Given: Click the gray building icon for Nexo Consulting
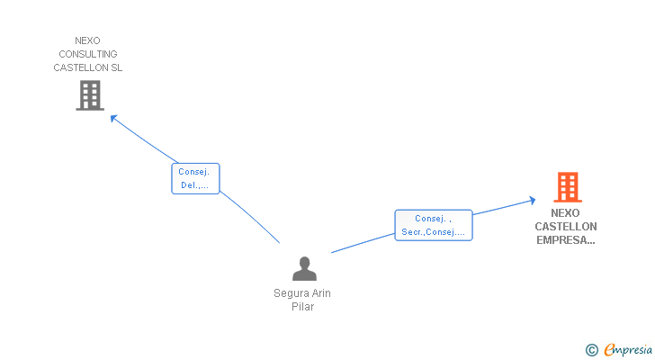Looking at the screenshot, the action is (90, 95).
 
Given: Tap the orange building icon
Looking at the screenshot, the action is (567, 187).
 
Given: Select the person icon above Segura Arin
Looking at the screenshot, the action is (305, 268).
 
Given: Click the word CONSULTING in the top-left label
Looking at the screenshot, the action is (88, 54).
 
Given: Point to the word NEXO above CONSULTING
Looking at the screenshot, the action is (88, 40).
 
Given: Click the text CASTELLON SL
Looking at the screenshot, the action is (88, 67).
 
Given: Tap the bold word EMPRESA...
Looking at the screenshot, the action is (565, 240).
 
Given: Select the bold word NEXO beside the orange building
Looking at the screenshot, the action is (565, 213).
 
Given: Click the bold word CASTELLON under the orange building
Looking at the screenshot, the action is (565, 227).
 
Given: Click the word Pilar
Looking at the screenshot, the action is (303, 307).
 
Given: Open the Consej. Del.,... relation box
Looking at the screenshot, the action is (195, 178).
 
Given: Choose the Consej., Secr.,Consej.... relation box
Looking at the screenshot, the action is (434, 225).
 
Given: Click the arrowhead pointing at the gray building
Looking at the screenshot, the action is (113, 118).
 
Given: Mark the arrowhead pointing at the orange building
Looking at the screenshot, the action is (532, 201).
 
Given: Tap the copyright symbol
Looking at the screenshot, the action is (592, 349).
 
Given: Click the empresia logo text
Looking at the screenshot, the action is (629, 349).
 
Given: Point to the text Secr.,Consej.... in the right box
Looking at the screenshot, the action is (434, 232).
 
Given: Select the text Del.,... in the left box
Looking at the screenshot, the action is (194, 185).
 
